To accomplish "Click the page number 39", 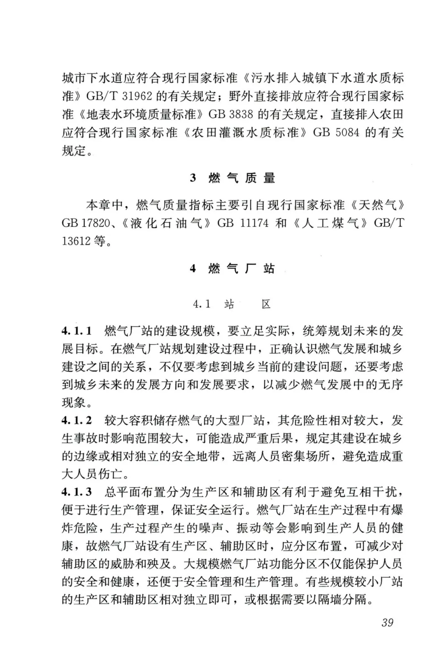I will click(x=387, y=622).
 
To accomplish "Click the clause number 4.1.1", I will click(x=77, y=331).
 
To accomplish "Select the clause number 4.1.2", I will click(x=77, y=420).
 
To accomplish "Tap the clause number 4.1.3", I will click(x=77, y=492).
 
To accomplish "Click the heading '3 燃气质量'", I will click(x=232, y=178).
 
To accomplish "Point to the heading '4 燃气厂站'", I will click(x=232, y=269).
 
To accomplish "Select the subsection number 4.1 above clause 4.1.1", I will click(x=202, y=304).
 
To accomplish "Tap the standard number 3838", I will click(x=239, y=115).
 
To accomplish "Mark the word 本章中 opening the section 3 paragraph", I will click(x=104, y=205).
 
